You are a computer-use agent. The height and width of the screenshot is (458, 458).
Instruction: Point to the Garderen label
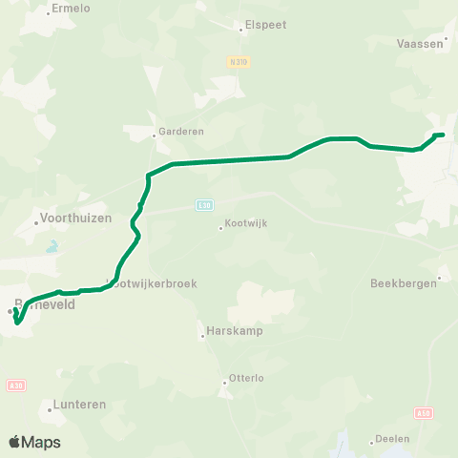click(181, 132)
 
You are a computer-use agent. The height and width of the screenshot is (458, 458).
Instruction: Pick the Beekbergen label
click(402, 283)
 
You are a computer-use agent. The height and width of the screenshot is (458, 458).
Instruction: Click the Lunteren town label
click(80, 405)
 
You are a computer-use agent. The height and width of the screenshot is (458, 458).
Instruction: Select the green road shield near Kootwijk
click(204, 203)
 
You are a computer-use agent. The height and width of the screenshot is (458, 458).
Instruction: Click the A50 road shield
click(424, 412)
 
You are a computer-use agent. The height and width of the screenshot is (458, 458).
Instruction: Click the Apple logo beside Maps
click(14, 442)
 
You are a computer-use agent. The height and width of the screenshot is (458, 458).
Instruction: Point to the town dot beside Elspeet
click(240, 29)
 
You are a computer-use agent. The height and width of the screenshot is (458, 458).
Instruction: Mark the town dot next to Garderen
click(155, 135)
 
